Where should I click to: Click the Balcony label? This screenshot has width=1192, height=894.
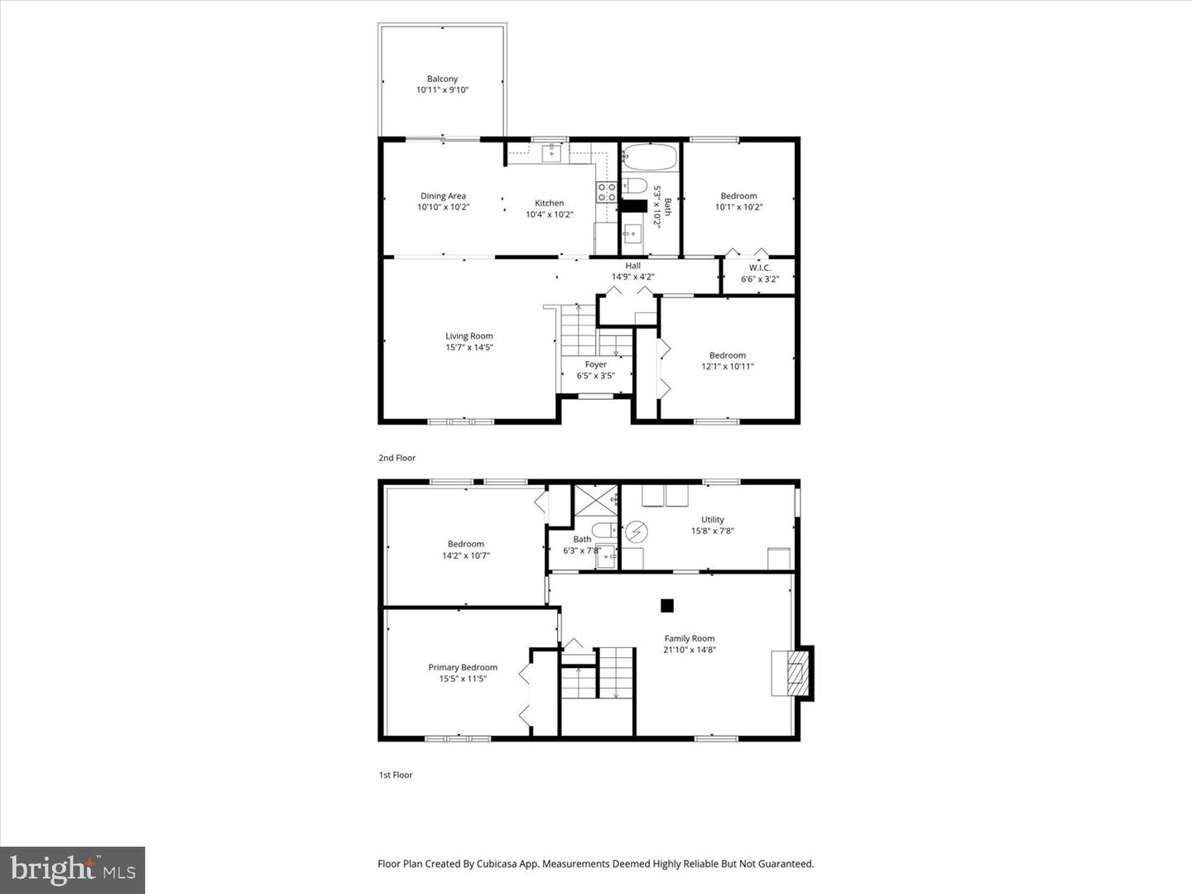(x=442, y=79)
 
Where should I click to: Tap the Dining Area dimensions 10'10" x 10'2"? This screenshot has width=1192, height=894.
(x=443, y=207)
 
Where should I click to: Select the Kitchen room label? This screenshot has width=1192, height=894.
(x=549, y=203)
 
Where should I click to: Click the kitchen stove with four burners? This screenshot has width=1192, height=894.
(x=607, y=193)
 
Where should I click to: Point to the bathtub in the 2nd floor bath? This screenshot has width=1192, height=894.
(x=650, y=157)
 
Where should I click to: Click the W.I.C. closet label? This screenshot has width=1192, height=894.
(x=759, y=267)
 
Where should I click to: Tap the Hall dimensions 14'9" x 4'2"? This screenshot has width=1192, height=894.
(x=632, y=276)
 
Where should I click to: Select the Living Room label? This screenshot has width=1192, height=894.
(x=469, y=336)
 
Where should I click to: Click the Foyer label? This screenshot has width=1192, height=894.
(x=595, y=364)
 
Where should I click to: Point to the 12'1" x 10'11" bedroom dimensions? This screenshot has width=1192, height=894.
(x=727, y=366)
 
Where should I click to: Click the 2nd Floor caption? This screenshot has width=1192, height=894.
(x=397, y=458)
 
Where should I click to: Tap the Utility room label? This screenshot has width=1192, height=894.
(x=712, y=520)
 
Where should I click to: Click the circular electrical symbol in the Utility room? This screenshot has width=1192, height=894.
(x=637, y=531)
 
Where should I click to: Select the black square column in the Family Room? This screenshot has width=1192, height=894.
(x=667, y=605)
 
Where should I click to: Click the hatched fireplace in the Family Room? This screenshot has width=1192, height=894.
(x=795, y=673)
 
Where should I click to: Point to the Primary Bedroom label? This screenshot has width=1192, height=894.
(x=462, y=667)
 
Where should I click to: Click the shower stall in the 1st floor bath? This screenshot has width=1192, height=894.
(x=596, y=500)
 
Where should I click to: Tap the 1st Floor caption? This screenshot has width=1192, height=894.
(x=396, y=775)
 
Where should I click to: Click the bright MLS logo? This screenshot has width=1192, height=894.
(x=73, y=869)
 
